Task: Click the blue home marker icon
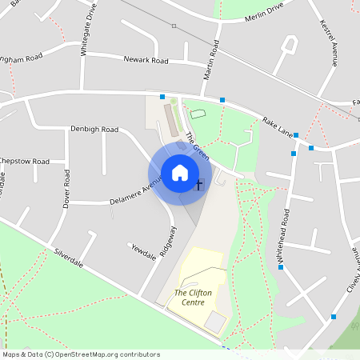(180, 172)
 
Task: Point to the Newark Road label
(146, 60)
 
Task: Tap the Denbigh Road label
(94, 129)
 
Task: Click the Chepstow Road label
(24, 162)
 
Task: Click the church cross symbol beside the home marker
(199, 186)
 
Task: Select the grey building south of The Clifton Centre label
(215, 322)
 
